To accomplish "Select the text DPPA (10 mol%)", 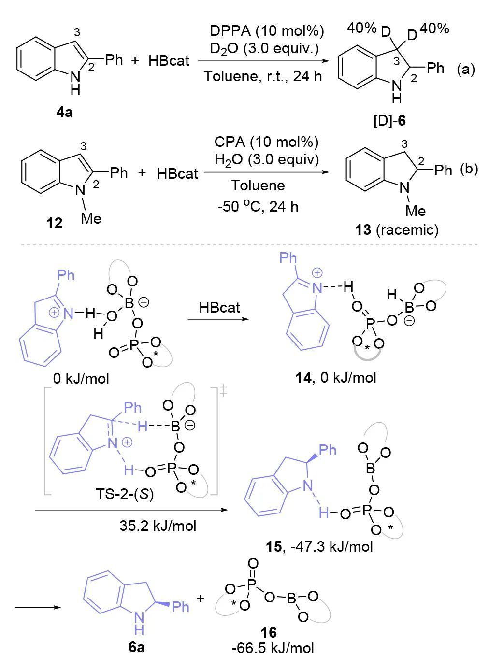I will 267,31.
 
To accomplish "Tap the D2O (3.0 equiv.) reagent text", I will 264,49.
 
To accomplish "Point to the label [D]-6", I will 390,120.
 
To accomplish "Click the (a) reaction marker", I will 466,69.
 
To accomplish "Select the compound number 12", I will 55,223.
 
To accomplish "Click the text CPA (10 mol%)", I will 267,143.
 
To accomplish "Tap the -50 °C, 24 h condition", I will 258,206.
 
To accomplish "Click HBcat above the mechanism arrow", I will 219,307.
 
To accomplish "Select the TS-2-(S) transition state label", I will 125,495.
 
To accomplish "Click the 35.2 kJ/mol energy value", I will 158,525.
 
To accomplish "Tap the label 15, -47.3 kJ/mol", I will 319,546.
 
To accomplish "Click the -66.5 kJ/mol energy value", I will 273,647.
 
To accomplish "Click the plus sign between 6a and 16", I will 200,599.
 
